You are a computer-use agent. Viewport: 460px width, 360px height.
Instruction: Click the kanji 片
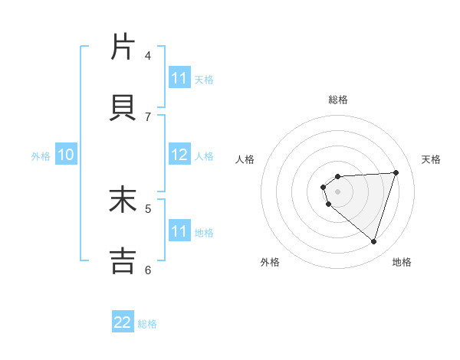[123, 47]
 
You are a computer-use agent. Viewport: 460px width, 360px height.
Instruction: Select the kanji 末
[123, 200]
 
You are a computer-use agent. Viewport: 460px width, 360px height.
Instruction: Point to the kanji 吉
[123, 261]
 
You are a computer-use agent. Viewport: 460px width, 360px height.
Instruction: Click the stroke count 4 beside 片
[148, 55]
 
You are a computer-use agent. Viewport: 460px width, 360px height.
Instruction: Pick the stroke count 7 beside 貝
[148, 116]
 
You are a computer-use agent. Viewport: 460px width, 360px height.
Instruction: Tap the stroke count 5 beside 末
[148, 208]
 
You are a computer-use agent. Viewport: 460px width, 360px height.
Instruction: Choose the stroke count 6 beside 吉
[148, 269]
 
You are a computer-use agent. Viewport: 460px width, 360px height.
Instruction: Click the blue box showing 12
[179, 155]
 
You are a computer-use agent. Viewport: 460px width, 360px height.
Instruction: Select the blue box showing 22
[123, 322]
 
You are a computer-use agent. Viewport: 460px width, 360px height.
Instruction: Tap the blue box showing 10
[66, 155]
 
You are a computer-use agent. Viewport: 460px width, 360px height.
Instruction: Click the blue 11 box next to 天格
[179, 78]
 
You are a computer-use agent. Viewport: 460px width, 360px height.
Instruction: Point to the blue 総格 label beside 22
[147, 324]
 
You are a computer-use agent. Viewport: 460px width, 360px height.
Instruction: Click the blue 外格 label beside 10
[41, 156]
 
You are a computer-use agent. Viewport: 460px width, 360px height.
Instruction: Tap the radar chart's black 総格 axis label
[337, 100]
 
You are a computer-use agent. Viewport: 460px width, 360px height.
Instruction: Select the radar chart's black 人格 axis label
[245, 159]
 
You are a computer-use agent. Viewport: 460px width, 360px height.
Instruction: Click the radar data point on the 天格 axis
[396, 172]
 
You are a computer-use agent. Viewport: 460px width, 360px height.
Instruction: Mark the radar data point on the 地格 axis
[373, 241]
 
